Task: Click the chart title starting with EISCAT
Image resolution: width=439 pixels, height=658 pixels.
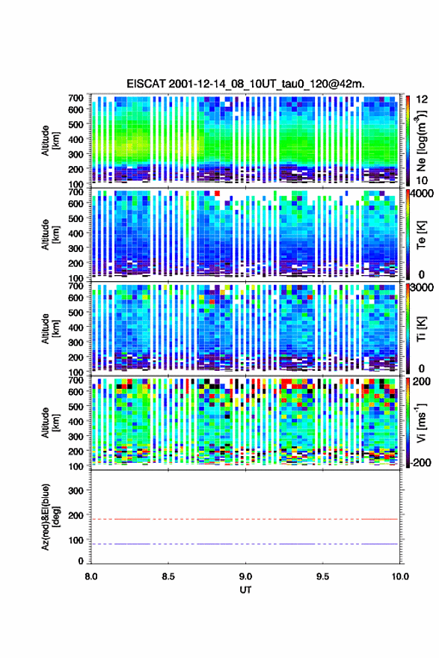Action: coord(245,84)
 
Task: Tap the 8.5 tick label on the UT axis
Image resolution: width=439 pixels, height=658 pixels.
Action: coord(168,576)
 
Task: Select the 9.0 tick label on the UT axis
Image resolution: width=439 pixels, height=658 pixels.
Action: coord(245,576)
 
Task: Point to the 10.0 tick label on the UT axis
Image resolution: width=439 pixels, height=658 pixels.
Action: coord(400,576)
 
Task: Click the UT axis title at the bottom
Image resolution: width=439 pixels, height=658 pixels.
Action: coord(245,590)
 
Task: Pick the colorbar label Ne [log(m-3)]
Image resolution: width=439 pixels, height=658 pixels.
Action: coord(421,141)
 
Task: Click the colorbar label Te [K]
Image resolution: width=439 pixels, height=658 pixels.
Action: coord(421,235)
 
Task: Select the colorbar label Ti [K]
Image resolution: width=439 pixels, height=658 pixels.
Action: coord(421,328)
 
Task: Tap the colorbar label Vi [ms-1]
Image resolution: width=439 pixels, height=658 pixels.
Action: coord(421,422)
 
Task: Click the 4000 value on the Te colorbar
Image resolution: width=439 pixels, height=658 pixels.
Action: coord(422,194)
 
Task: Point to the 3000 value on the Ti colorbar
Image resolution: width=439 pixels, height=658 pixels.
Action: coord(422,288)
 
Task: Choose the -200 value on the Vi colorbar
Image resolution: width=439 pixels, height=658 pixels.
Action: coord(420,462)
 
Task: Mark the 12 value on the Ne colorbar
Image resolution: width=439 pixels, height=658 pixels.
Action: coord(422,100)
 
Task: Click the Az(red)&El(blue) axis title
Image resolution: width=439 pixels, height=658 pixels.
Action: coord(50,517)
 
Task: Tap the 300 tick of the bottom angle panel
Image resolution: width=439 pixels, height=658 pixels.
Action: coord(76,491)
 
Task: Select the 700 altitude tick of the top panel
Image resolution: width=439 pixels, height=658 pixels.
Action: coord(76,98)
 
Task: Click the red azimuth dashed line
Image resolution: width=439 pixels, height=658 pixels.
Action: coord(245,519)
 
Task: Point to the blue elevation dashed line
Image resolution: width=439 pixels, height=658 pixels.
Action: coord(245,544)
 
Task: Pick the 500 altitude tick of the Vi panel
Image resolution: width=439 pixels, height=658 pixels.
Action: coord(76,406)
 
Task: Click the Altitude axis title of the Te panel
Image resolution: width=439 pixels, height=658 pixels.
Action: coord(50,235)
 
